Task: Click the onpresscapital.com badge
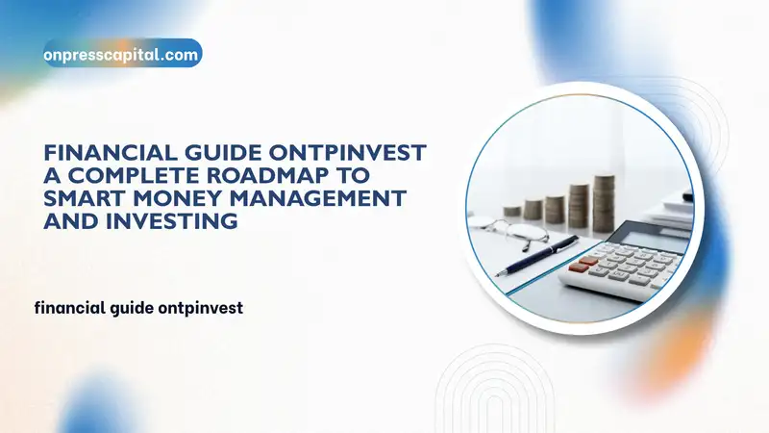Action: point(122,55)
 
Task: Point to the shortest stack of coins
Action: point(512,210)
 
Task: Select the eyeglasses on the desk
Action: point(509,232)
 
